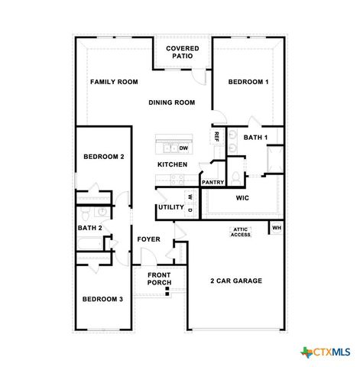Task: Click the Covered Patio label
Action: [x=183, y=52]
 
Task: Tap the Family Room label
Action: [x=114, y=82]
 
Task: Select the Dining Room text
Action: [x=171, y=102]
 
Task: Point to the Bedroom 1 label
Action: [x=248, y=82]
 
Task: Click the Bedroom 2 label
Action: [x=103, y=157]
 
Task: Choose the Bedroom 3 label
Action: [x=102, y=299]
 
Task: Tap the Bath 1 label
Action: [x=255, y=138]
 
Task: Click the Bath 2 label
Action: [x=90, y=228]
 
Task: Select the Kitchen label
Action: [x=172, y=165]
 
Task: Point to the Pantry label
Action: [x=212, y=183]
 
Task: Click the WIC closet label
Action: [x=242, y=198]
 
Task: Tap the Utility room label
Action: [x=170, y=207]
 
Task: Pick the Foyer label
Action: [x=149, y=239]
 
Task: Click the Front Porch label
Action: [x=159, y=279]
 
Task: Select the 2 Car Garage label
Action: [x=235, y=281]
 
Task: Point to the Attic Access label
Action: [x=241, y=232]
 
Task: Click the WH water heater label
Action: [x=277, y=227]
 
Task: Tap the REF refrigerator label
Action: [x=216, y=137]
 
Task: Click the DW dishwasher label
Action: [x=183, y=148]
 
